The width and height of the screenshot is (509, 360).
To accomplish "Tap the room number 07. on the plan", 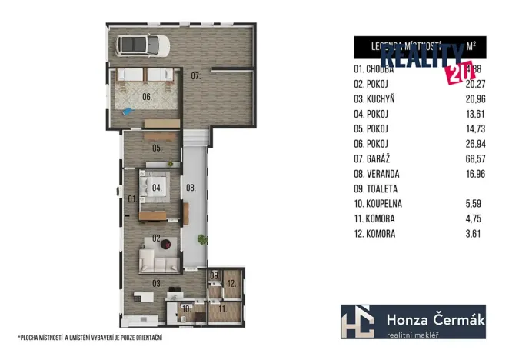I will (x=196, y=76).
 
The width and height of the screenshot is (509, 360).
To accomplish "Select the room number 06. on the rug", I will (x=147, y=98).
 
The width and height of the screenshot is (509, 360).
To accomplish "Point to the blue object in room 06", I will (x=128, y=112).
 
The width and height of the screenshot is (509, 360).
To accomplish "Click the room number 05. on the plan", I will (x=156, y=147).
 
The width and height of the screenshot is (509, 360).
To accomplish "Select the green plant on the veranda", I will (x=201, y=238).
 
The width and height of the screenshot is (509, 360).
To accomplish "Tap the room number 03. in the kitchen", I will (x=156, y=283).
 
